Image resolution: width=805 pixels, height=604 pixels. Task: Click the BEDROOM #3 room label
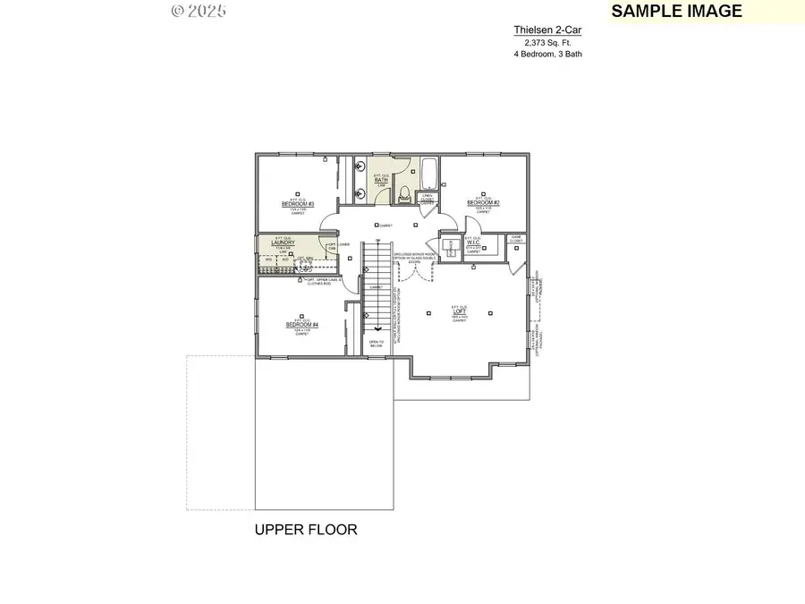(299, 204)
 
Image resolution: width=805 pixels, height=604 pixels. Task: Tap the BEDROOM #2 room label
(483, 203)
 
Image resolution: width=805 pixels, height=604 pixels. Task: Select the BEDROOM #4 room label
(302, 325)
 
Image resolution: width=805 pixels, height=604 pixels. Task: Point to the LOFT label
(460, 312)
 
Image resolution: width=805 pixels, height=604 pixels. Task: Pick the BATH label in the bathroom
(381, 180)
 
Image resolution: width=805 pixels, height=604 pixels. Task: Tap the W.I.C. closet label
(474, 242)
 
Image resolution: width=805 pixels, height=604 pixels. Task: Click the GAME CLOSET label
(516, 239)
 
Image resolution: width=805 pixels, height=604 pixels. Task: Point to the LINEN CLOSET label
(428, 199)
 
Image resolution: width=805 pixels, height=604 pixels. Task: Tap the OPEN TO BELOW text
(377, 343)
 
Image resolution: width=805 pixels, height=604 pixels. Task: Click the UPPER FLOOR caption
(306, 530)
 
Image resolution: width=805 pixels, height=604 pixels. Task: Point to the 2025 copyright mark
(198, 12)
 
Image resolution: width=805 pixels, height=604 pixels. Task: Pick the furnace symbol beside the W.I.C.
(446, 246)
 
